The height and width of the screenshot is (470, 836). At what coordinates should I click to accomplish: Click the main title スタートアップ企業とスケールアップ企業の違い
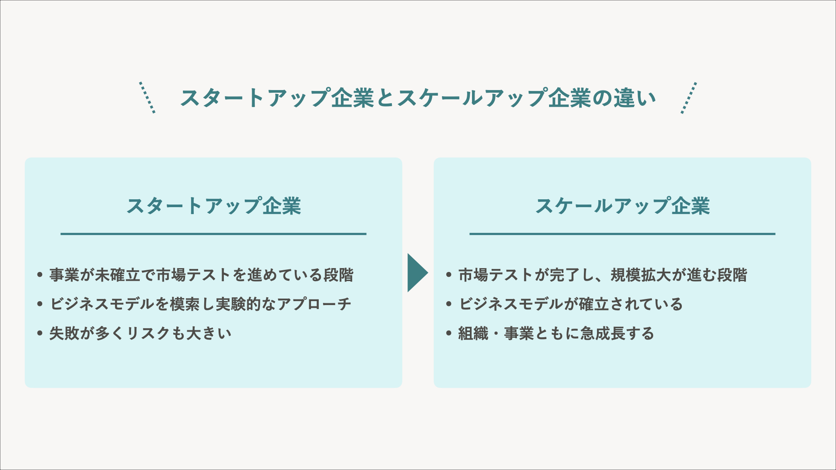418,98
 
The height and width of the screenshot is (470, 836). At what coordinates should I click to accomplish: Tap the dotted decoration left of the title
147,97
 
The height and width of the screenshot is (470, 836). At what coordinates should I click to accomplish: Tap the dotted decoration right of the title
689,97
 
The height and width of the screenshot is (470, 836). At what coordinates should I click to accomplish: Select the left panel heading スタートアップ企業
213,206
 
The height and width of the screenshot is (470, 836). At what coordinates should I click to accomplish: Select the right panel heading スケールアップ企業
622,206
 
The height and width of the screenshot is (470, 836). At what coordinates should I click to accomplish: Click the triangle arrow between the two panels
416,273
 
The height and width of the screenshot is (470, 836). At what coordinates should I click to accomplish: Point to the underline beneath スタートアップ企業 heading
213,234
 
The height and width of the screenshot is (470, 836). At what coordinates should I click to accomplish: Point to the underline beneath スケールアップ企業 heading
622,234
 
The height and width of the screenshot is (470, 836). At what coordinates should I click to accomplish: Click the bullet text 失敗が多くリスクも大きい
140,333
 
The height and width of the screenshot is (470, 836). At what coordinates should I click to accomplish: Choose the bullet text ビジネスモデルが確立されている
570,304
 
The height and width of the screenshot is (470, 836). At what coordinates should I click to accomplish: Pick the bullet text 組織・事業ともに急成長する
556,333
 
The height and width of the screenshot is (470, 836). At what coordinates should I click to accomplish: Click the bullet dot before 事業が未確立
40,275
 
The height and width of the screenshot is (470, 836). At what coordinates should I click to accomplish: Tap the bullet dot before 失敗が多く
40,334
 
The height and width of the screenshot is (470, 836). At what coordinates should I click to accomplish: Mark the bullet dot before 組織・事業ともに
449,334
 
